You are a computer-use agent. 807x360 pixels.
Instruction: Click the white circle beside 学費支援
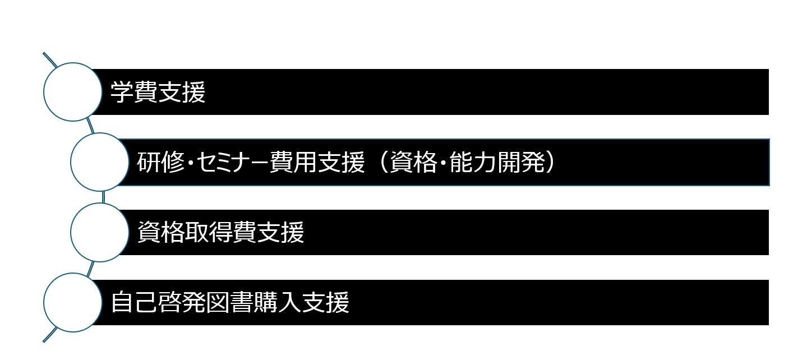[x=71, y=92]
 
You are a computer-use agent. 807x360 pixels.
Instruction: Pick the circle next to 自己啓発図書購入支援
[x=71, y=302]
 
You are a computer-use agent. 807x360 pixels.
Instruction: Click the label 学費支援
[x=158, y=93]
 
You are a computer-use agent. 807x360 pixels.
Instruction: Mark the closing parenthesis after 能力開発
[x=550, y=163]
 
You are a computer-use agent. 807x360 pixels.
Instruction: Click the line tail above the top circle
[x=49, y=58]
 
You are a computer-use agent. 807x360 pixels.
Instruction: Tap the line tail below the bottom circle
[x=49, y=335]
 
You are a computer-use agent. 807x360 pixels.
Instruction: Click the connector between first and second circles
[x=90, y=126]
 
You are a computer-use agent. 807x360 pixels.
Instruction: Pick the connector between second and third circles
[x=104, y=197]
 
